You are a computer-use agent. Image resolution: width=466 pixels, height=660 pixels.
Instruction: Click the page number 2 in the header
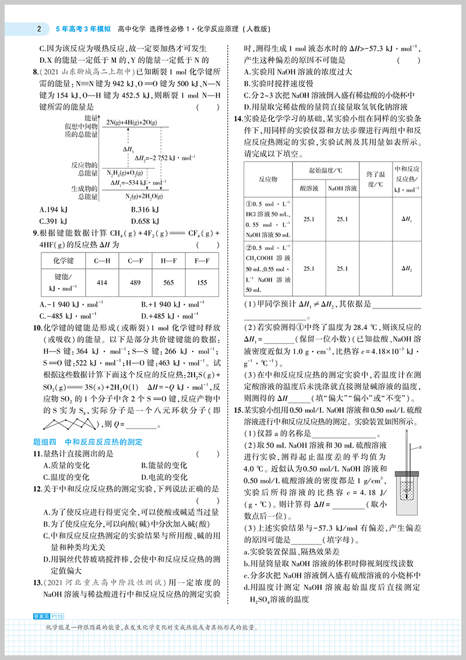coord(38,28)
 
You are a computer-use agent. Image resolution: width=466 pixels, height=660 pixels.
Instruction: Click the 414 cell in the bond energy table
coord(102,283)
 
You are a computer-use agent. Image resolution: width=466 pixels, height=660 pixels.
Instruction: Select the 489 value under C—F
coord(135,283)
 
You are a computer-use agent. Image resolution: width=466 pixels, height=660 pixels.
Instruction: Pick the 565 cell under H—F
coord(168,283)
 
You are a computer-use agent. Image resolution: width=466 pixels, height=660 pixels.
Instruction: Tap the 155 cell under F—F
coord(202,283)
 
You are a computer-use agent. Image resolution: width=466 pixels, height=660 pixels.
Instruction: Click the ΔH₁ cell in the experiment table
coord(407,219)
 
